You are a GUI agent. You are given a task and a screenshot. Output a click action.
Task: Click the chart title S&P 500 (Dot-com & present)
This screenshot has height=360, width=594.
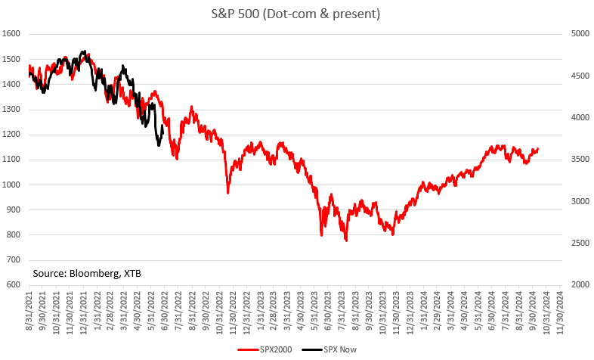click(296, 13)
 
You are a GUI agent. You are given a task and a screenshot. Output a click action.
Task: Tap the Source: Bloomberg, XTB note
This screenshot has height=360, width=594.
click(87, 272)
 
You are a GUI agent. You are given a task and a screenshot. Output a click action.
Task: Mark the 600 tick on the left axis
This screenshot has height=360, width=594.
click(14, 285)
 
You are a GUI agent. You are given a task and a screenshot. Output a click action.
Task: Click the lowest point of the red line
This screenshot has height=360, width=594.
click(346, 241)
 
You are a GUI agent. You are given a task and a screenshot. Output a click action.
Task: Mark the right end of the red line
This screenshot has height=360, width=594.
click(538, 149)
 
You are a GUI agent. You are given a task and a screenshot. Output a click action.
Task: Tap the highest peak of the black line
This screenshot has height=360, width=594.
click(83, 51)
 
